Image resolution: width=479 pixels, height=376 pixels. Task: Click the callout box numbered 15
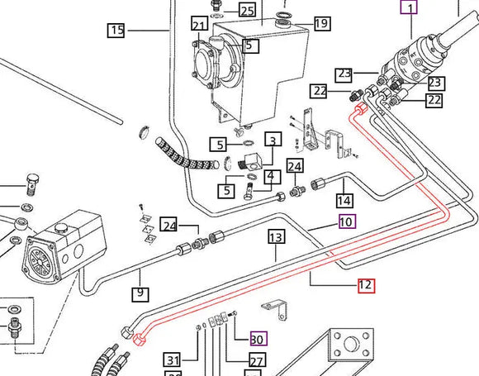coord(116,31)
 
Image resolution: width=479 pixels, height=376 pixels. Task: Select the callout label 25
coord(247,10)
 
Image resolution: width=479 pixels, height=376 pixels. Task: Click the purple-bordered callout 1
coord(409,8)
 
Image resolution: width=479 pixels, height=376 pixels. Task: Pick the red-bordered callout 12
coord(366,286)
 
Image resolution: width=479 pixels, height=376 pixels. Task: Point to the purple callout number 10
coord(346,221)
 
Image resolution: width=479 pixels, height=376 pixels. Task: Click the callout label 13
coord(276,237)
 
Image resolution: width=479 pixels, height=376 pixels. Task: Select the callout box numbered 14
coord(344,200)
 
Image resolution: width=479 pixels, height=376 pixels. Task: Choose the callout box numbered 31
coord(172,359)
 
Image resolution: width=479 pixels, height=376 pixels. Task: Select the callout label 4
coord(270,175)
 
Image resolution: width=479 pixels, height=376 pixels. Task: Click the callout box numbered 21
coord(199,24)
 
